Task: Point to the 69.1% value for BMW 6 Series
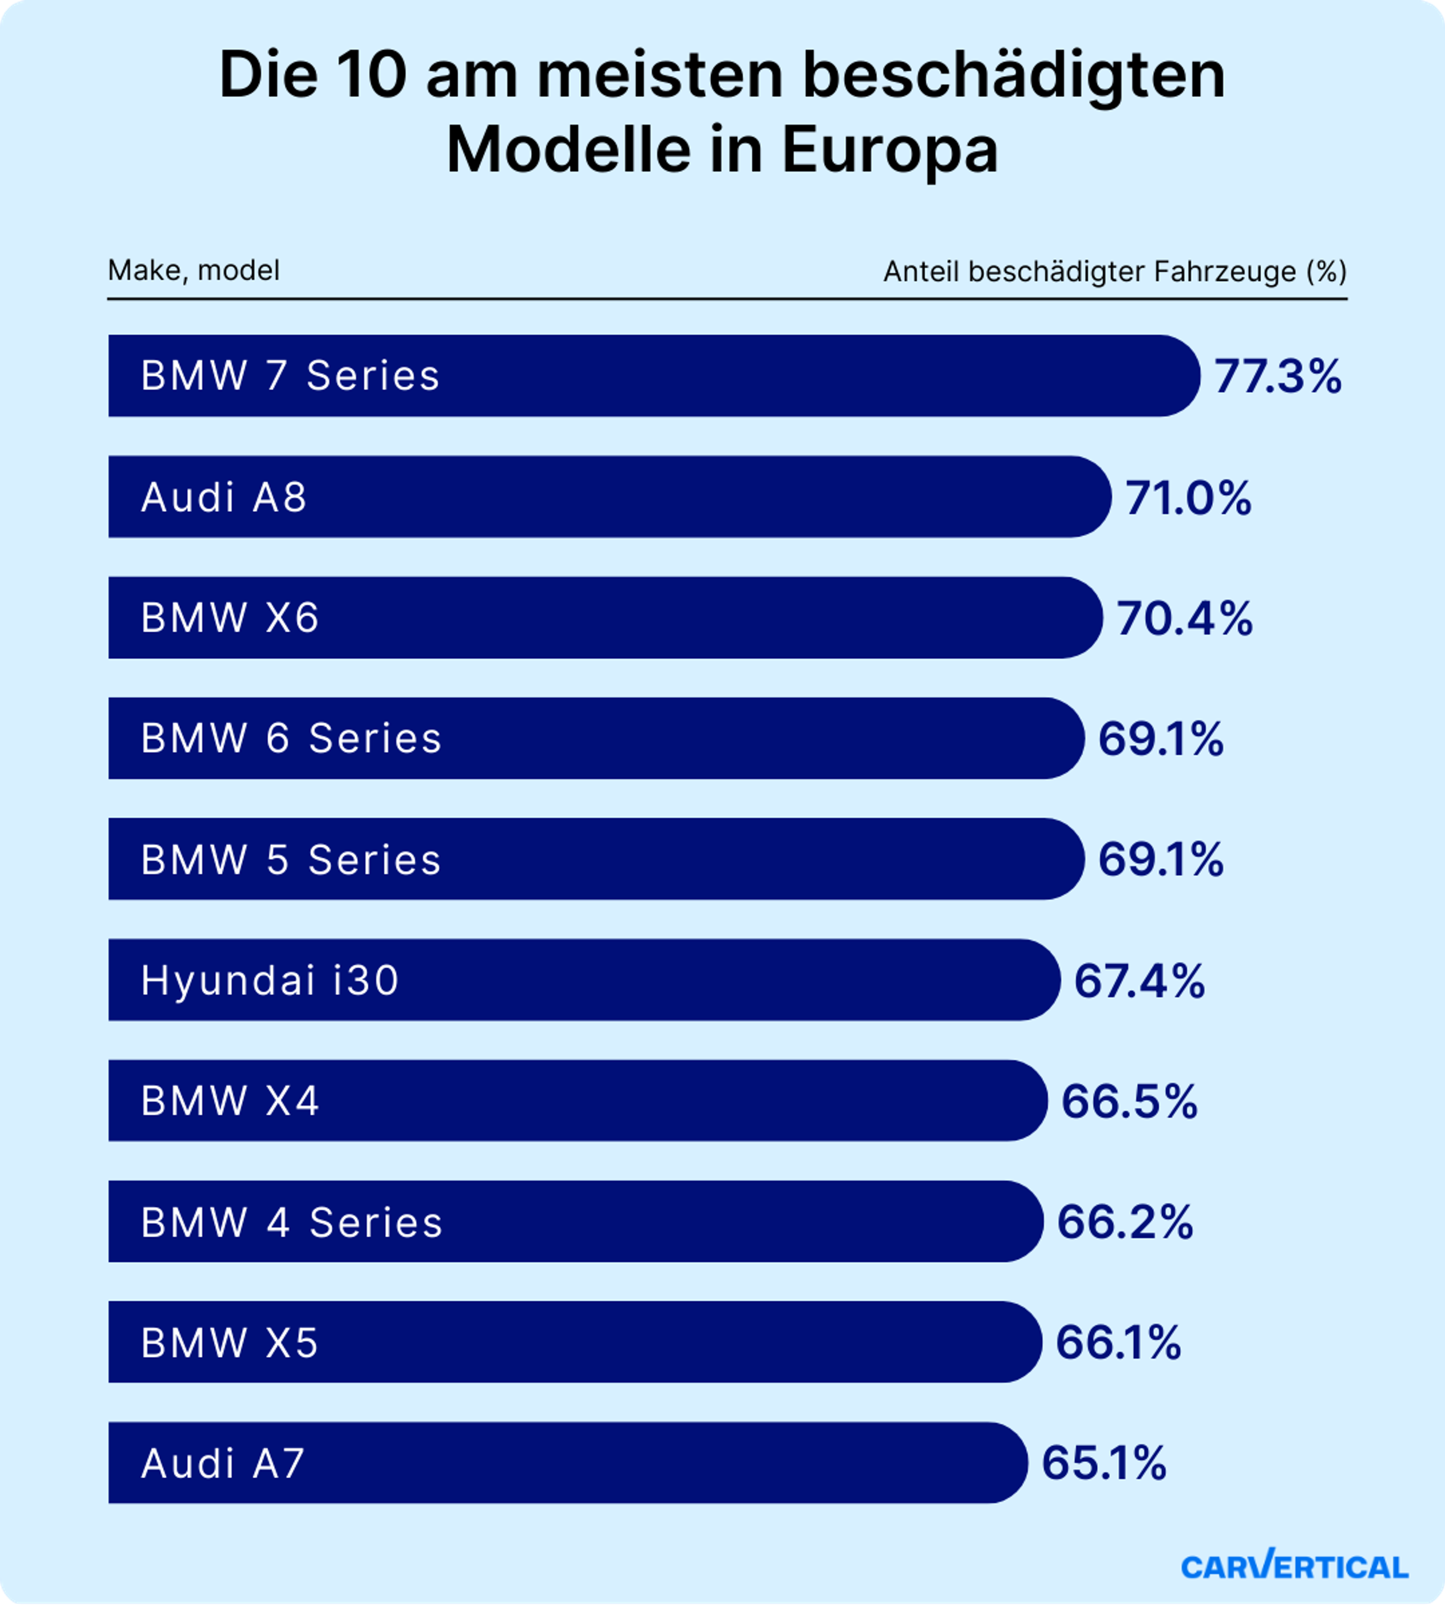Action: [1161, 739]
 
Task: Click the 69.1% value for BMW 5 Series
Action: [1161, 859]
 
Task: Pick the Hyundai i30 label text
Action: [270, 980]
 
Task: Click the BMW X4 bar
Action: [577, 1101]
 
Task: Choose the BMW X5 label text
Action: [230, 1342]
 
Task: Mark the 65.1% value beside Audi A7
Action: [1104, 1463]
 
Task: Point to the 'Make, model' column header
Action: [194, 271]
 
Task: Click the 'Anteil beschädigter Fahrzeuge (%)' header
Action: [1115, 272]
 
